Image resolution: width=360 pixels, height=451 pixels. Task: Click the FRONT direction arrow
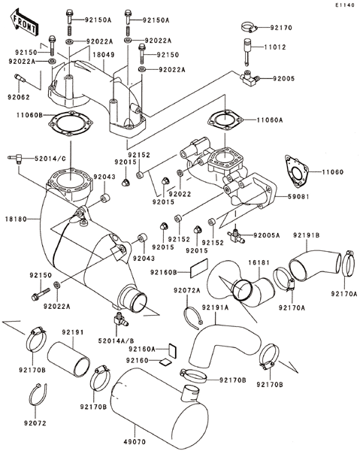[x=23, y=23]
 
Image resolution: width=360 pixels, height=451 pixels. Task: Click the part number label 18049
[x=104, y=55]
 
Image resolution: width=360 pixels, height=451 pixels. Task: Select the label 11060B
[x=29, y=115]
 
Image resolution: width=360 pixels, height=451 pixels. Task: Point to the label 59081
[x=298, y=197]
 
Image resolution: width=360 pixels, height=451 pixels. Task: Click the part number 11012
[x=275, y=47]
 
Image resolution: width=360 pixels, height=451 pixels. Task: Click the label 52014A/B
[x=116, y=341]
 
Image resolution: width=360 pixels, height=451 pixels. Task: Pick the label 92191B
[x=307, y=235]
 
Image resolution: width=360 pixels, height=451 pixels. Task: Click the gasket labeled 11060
[x=296, y=171]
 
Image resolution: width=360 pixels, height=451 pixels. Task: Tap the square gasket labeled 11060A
[x=225, y=120]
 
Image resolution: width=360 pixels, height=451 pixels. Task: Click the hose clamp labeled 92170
[x=249, y=28]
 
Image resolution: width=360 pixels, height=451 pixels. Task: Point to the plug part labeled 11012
[x=247, y=50]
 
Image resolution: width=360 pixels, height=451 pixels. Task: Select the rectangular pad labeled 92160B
[x=199, y=268]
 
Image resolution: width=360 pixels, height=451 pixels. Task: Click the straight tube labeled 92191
[x=68, y=357]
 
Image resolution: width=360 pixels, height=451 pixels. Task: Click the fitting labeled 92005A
[x=236, y=235]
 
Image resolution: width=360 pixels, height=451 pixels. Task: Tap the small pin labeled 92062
[x=20, y=78]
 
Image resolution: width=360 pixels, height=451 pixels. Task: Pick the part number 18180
[x=16, y=219]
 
